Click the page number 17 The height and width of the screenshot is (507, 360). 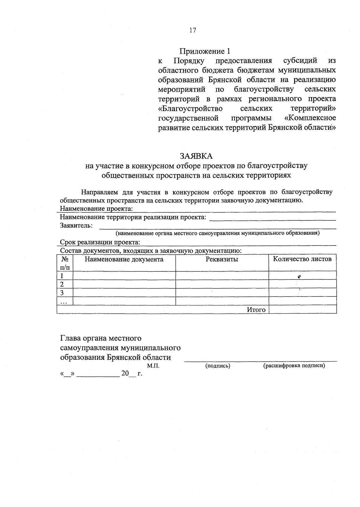click(x=192, y=30)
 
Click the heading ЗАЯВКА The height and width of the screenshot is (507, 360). click(x=196, y=156)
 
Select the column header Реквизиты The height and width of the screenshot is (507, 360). click(x=222, y=259)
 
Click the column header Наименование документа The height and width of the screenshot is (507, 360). click(x=124, y=259)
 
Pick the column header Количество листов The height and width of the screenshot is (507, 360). click(x=302, y=259)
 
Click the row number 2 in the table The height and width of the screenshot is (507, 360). click(x=62, y=284)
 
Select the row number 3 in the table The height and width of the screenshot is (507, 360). click(x=62, y=293)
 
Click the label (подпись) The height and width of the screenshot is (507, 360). click(x=217, y=366)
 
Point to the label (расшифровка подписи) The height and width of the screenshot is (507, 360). click(x=294, y=366)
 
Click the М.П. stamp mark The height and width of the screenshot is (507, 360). click(x=153, y=366)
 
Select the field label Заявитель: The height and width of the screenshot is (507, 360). click(x=76, y=225)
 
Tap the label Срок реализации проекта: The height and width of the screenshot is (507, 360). click(x=100, y=242)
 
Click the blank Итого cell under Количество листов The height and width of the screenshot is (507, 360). click(x=302, y=309)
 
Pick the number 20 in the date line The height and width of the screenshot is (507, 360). click(x=125, y=374)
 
